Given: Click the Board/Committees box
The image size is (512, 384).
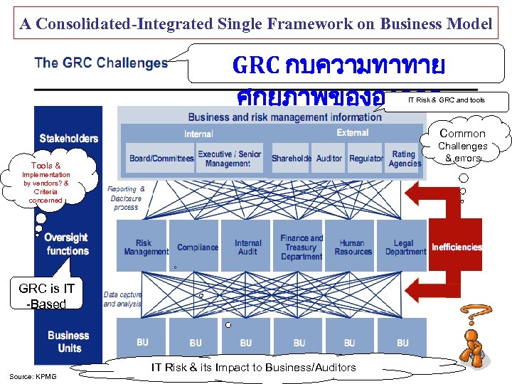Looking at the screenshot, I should click(161, 159).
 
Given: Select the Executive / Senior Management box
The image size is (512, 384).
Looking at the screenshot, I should click(229, 159).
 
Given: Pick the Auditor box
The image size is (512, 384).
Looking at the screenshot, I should click(329, 159).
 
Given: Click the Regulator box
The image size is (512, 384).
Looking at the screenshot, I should click(366, 159).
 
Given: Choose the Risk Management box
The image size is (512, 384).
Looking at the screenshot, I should click(144, 246).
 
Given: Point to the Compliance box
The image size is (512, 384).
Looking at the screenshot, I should click(197, 247).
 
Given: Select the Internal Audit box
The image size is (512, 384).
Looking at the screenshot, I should click(247, 246).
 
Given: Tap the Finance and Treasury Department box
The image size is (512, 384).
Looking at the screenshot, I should click(301, 246).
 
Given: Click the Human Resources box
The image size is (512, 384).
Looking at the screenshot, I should click(352, 246).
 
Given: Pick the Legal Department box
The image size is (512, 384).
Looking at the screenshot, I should click(405, 246).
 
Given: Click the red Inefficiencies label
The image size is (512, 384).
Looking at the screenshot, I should click(457, 247).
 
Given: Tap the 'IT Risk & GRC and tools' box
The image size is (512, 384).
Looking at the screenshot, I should click(447, 100).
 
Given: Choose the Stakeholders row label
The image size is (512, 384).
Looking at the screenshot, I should click(68, 138).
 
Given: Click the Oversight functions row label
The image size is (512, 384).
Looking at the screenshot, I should click(67, 244).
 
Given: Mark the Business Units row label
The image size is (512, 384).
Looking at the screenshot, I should click(68, 341).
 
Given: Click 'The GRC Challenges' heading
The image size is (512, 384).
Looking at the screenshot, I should click(101, 63).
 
